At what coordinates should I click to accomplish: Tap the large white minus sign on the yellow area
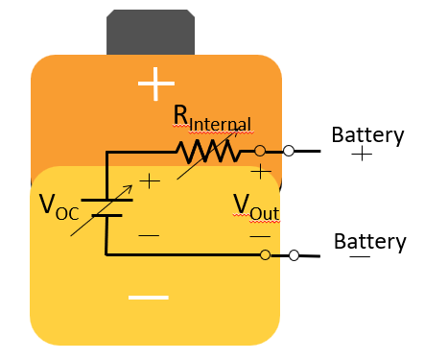pyautogui.click(x=149, y=298)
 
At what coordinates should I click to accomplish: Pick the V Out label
pyautogui.click(x=258, y=205)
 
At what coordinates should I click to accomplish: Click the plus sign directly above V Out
pyautogui.click(x=260, y=172)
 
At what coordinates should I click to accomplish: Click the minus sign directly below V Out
pyautogui.click(x=260, y=235)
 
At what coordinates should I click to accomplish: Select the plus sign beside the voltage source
pyautogui.click(x=150, y=180)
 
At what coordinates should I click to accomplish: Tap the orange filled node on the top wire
pyautogui.click(x=260, y=151)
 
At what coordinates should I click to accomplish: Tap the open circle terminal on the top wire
pyautogui.click(x=288, y=151)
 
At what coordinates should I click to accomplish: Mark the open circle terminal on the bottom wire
pyautogui.click(x=294, y=254)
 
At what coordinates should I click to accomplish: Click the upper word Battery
pyautogui.click(x=367, y=134)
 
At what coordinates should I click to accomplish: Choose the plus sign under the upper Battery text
pyautogui.click(x=362, y=155)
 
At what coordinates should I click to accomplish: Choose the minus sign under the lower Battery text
pyautogui.click(x=361, y=257)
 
